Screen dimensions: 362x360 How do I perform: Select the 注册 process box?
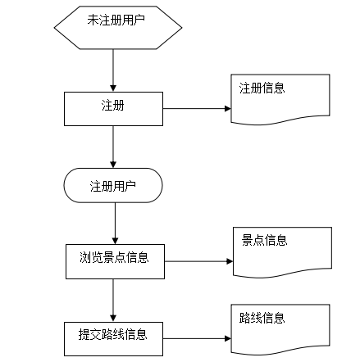point(113,108)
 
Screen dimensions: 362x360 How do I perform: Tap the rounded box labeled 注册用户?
point(113,186)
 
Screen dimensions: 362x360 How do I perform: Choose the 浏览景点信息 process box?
point(115,260)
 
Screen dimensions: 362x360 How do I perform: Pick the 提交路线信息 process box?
point(113,337)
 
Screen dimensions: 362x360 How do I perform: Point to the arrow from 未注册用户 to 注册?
point(113,70)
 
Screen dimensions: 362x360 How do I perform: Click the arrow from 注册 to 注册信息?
point(197,108)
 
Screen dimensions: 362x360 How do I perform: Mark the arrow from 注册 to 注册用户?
point(113,147)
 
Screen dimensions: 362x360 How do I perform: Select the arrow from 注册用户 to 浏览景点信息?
point(115,222)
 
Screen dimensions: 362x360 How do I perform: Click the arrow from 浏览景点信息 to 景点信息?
point(198,262)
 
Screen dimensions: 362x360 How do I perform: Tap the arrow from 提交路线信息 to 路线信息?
point(197,337)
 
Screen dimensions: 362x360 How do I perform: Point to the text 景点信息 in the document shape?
point(264,240)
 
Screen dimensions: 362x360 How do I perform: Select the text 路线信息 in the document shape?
point(262,318)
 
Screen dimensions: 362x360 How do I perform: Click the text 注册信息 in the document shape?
point(262,88)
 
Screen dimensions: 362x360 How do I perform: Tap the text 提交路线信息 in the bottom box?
point(113,334)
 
